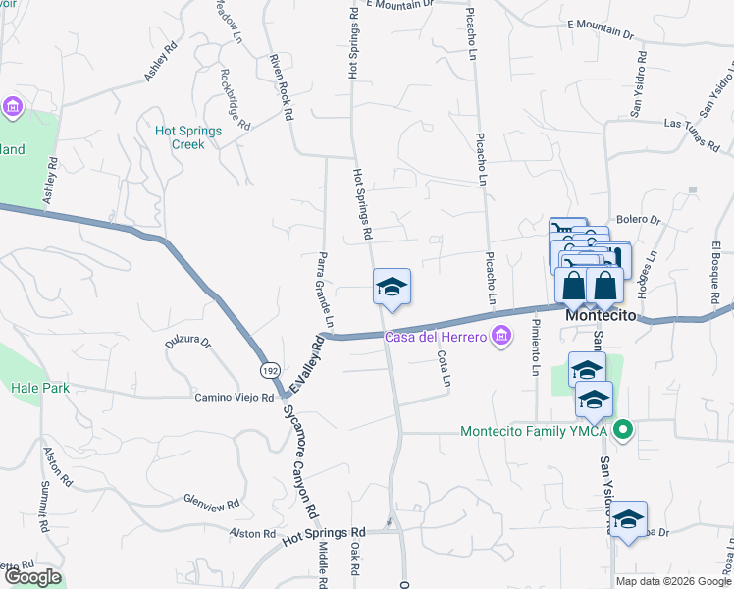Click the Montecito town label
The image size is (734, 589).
[602, 317]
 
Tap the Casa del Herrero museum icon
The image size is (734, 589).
[501, 338]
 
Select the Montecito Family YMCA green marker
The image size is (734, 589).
[621, 431]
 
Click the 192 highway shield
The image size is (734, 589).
[267, 370]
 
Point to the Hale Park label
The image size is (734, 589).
[40, 388]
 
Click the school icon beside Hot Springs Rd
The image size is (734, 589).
[392, 287]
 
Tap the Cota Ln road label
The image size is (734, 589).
[445, 367]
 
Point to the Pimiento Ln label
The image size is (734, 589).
[536, 347]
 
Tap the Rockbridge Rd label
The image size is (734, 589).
[236, 99]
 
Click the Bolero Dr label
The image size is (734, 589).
[638, 220]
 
